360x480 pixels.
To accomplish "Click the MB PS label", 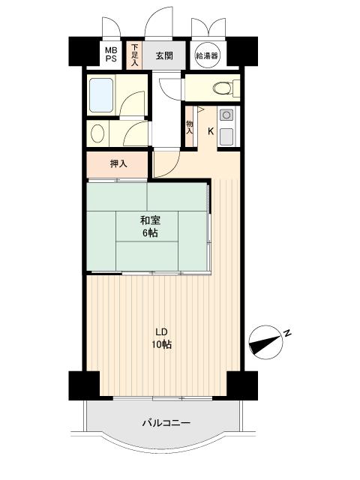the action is [111, 54].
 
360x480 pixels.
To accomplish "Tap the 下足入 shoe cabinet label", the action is [135, 55].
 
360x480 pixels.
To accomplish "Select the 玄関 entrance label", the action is [164, 55].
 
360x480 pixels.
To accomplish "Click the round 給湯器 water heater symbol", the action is [207, 55].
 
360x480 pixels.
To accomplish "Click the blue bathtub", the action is [101, 95].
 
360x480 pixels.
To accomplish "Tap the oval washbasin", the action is [97, 133].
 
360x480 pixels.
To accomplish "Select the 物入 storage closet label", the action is [190, 127].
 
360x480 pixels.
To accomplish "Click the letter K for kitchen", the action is [211, 131].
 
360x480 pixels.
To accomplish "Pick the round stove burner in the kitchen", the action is [226, 115].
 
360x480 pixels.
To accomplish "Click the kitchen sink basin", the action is [226, 136].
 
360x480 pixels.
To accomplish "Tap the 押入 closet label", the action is [118, 164].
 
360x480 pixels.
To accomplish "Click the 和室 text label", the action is [150, 220].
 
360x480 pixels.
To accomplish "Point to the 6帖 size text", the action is [150, 233].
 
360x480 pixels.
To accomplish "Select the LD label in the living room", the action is [161, 331].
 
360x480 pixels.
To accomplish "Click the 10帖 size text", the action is [162, 345].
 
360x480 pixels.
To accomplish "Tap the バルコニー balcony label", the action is [166, 423].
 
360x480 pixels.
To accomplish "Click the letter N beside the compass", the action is [287, 333].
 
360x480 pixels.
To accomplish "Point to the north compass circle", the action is [265, 342].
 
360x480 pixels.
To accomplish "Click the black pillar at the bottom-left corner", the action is [84, 385].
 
